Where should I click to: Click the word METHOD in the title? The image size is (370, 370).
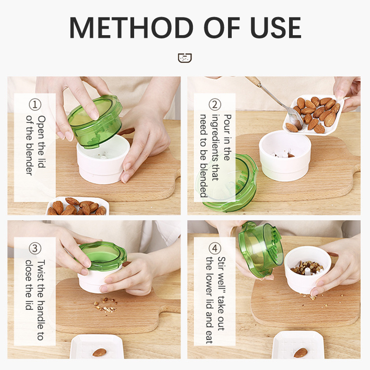tap(131, 28)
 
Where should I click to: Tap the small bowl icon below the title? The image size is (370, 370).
tap(185, 58)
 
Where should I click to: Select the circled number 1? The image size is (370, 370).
tap(35, 105)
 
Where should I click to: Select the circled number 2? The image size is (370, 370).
tap(215, 105)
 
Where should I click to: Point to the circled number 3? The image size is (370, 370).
tap(35, 248)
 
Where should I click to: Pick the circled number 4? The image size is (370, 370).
tap(215, 248)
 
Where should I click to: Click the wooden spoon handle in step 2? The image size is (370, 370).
tap(253, 80)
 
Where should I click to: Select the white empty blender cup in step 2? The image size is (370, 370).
tap(285, 156)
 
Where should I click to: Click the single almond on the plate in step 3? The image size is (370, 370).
tap(99, 352)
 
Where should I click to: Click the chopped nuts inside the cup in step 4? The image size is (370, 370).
tap(307, 267)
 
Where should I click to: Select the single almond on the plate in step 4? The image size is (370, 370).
tap(300, 353)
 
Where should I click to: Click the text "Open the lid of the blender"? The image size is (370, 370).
tap(36, 145)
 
